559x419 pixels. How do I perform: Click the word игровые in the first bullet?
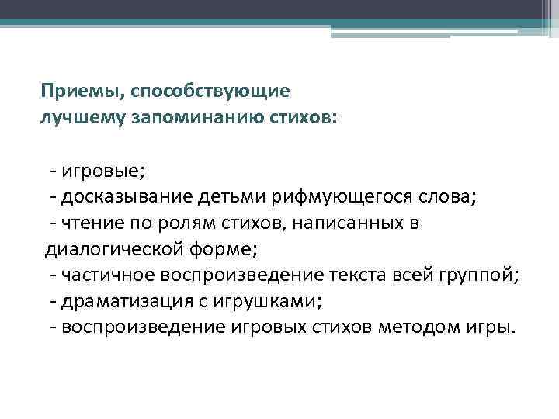(x=92, y=171)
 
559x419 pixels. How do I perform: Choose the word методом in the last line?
(x=418, y=327)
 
